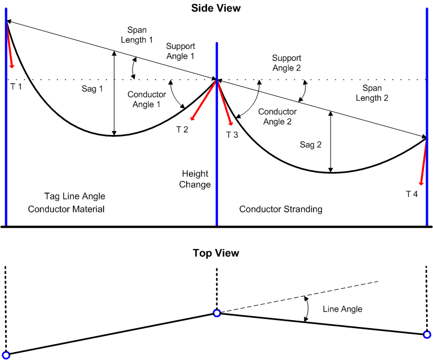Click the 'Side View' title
pos(216,8)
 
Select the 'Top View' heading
pos(216,253)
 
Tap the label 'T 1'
pos(16,85)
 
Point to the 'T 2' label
pos(183,129)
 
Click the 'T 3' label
pos(232,135)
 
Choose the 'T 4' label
pos(411,194)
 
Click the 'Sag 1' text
pos(93,88)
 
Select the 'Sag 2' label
pos(311,145)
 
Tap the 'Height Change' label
pos(195,179)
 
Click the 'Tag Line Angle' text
pos(75,197)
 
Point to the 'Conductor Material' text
pos(67,209)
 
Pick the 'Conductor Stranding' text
pos(281,209)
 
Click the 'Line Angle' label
pos(343,309)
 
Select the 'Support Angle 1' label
pos(180,51)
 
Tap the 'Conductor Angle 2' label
pos(277,117)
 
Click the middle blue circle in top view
pos(217,313)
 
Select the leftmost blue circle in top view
pos(6,355)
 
